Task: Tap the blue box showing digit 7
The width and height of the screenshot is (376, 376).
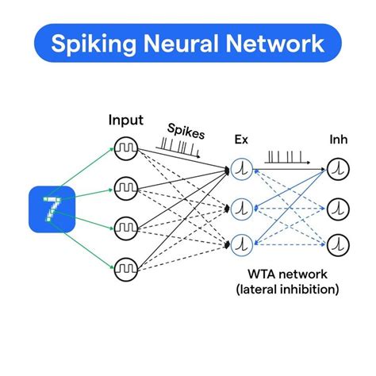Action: (51, 209)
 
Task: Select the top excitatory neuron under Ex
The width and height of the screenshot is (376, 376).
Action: (243, 169)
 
